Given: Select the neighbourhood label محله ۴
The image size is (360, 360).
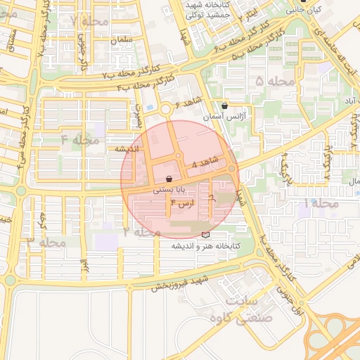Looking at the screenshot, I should pyautogui.click(x=77, y=139).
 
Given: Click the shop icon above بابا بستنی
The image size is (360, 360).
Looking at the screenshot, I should pyautogui.click(x=169, y=179).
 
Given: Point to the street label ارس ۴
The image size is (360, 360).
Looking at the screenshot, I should pyautogui.click(x=181, y=204).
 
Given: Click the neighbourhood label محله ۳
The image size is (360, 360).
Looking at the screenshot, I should pyautogui.click(x=46, y=242).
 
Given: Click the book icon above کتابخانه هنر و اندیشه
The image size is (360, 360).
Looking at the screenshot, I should pyautogui.click(x=205, y=234).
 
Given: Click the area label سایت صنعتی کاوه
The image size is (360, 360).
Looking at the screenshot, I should pyautogui.click(x=237, y=310).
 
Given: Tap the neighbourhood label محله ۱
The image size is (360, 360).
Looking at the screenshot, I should pyautogui.click(x=319, y=203).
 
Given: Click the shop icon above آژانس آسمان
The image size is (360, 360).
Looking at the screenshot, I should pyautogui.click(x=224, y=105).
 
